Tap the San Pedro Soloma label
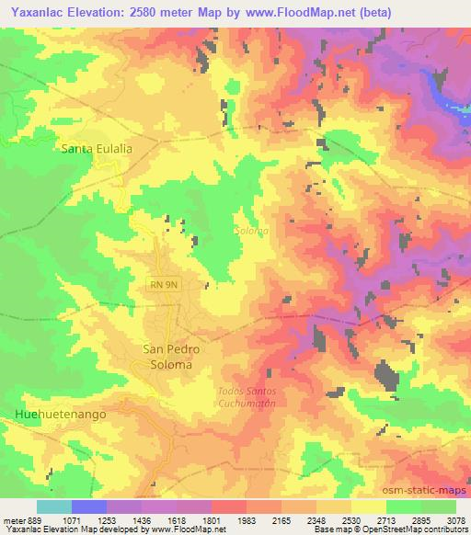click(167, 357)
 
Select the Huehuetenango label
click(62, 415)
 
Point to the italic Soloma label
click(251, 232)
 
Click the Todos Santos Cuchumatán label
click(245, 396)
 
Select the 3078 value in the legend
click(455, 519)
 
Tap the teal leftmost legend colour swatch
click(53, 507)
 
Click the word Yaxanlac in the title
click(38, 13)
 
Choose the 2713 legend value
click(385, 519)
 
